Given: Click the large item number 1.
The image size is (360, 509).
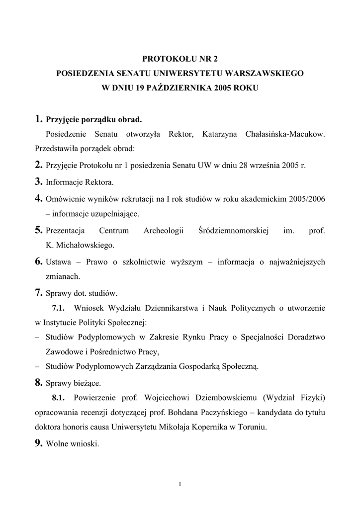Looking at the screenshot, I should point(38,119).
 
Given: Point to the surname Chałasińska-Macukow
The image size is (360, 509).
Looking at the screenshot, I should point(285,135).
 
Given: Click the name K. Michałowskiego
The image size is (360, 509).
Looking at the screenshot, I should point(80,245).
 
